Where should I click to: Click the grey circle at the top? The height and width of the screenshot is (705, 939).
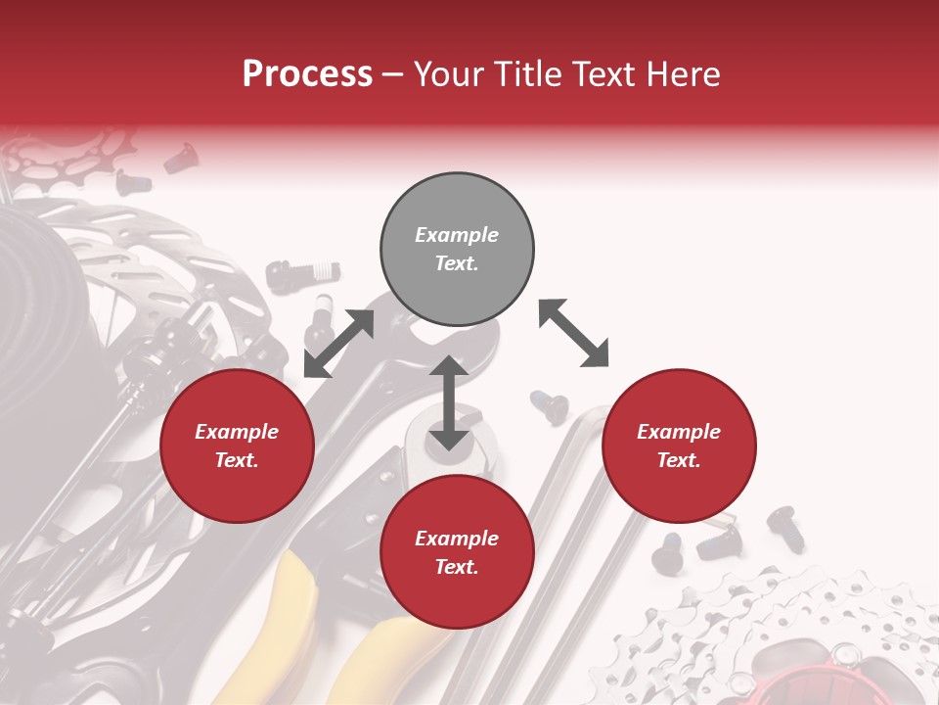(x=457, y=249)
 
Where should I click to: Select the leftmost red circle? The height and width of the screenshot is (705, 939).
(x=237, y=446)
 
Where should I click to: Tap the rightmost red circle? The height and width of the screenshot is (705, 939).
(x=679, y=446)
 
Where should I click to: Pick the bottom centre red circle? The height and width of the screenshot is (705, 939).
(x=457, y=552)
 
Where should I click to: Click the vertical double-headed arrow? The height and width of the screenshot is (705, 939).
(x=449, y=403)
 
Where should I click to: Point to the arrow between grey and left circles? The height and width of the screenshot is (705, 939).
(x=338, y=344)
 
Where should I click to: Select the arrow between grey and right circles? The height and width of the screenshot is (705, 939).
(x=573, y=333)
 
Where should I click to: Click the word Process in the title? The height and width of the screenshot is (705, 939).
(x=307, y=73)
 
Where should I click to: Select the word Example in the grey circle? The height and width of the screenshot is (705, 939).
(x=457, y=235)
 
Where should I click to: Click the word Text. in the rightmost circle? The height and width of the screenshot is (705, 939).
(x=679, y=460)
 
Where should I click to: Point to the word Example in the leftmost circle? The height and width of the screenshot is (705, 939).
(x=237, y=432)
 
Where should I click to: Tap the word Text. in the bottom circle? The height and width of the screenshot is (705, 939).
(x=457, y=567)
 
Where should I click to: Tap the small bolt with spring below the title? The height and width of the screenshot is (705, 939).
(x=303, y=269)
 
